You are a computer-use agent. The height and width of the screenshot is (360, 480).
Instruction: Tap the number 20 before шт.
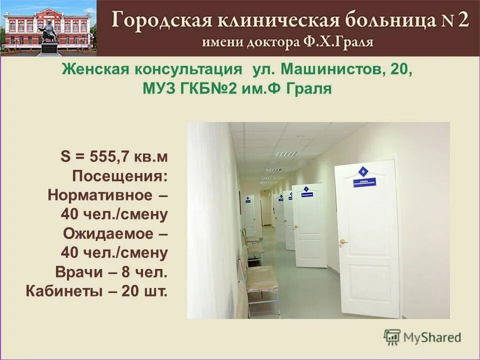[131, 291]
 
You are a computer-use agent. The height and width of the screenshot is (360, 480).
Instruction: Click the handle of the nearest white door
[343, 241]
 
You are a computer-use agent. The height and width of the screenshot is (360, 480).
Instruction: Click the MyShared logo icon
[392, 337]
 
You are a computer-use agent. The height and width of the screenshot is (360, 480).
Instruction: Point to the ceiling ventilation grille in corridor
[287, 153]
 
